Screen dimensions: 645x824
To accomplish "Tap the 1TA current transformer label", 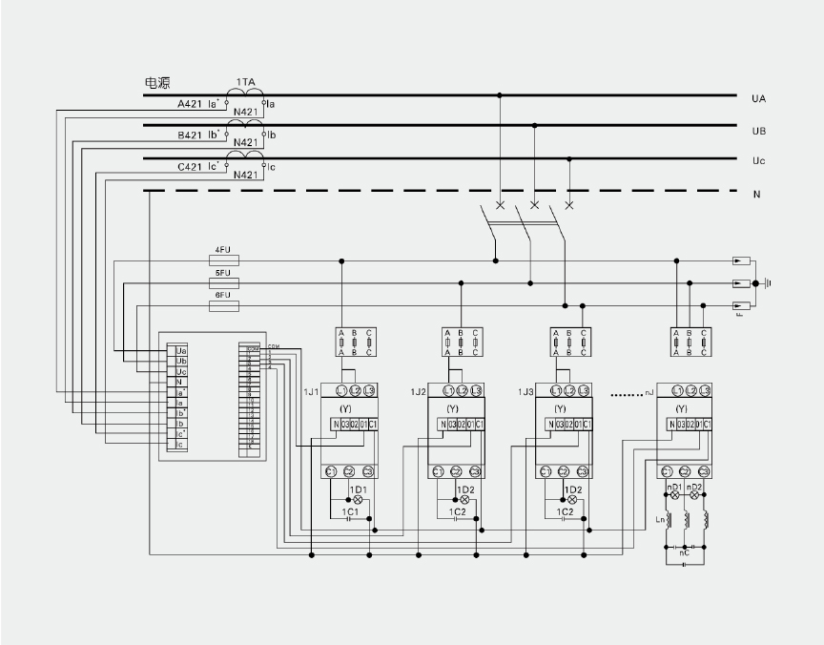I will (x=245, y=83).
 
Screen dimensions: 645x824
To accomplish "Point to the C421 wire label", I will (x=189, y=167).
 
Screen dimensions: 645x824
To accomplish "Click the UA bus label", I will (x=759, y=98).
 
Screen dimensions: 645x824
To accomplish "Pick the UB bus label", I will (x=759, y=131).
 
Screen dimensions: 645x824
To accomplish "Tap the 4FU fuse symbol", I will (x=222, y=260).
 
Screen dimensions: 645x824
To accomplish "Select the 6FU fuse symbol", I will (x=222, y=306).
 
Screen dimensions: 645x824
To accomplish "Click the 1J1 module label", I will (x=311, y=392).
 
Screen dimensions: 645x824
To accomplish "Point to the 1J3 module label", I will (x=525, y=392).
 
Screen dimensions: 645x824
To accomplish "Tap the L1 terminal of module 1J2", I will (x=438, y=391).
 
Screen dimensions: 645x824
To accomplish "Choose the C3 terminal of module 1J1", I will (x=367, y=471).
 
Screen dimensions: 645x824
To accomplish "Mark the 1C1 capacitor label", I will (x=350, y=511).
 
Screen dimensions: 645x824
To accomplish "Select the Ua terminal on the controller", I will (x=180, y=351).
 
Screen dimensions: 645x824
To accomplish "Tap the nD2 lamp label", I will (x=696, y=488).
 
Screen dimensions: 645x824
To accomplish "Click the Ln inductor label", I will (x=661, y=519).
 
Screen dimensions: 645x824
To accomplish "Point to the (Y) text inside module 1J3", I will (x=560, y=408).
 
